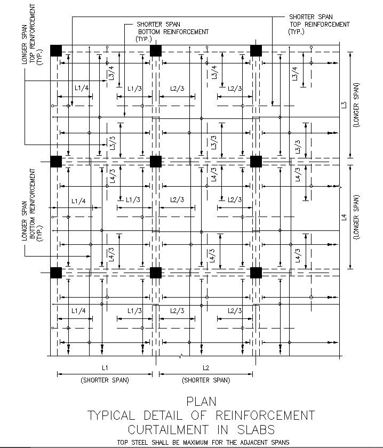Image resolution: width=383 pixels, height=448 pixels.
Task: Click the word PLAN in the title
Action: click(x=201, y=401)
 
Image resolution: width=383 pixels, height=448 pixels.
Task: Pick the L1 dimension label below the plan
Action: click(x=105, y=367)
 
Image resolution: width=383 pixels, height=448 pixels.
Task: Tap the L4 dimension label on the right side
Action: click(x=344, y=217)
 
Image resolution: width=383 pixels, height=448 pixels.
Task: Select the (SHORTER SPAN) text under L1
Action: click(x=105, y=380)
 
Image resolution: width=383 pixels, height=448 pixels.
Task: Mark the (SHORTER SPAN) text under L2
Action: click(x=206, y=380)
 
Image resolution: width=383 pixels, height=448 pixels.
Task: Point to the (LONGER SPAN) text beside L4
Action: click(x=356, y=217)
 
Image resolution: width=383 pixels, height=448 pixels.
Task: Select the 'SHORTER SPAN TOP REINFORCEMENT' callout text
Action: click(x=320, y=25)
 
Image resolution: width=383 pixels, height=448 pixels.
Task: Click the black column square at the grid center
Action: click(x=156, y=162)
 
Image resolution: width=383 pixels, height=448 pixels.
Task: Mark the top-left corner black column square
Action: click(x=56, y=51)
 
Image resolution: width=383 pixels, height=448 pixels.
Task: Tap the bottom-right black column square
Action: click(x=256, y=273)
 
